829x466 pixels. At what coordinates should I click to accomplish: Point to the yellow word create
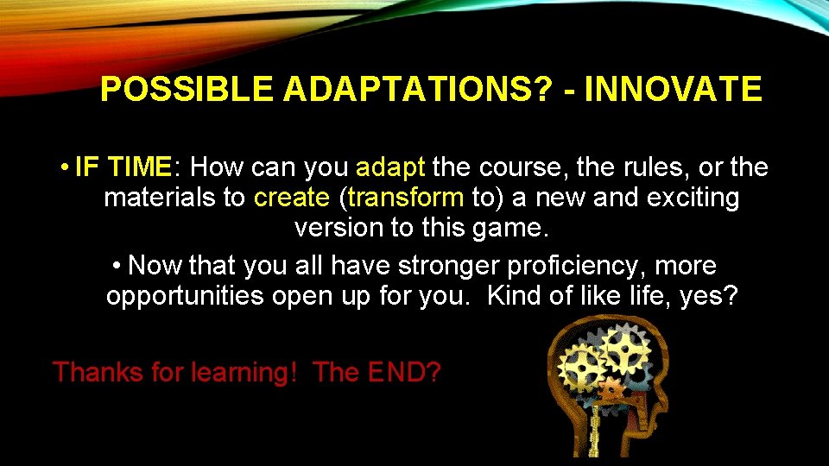[292, 198]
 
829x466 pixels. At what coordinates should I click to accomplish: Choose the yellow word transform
[406, 198]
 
